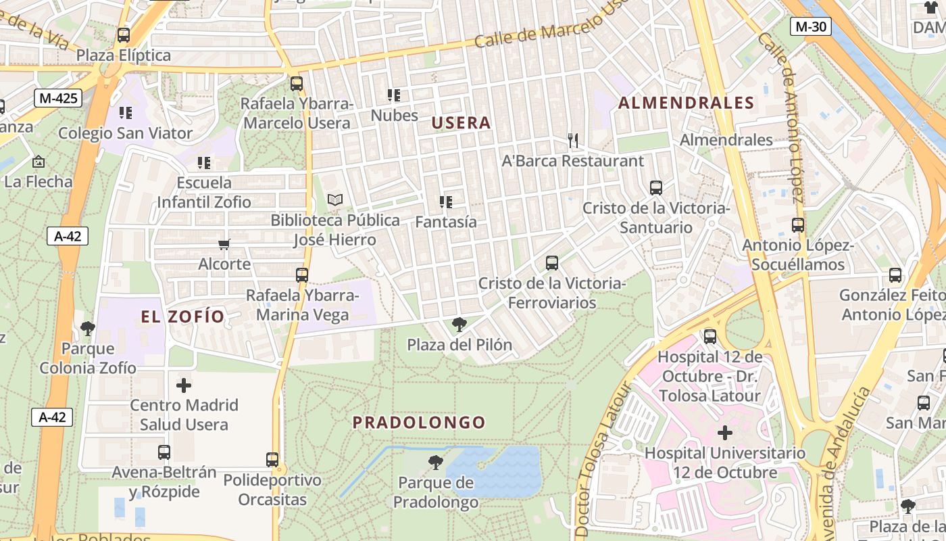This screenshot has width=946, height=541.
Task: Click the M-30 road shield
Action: point(810,26)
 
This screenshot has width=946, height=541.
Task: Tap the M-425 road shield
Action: point(59,98)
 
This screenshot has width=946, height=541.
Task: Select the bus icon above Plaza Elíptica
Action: point(123,35)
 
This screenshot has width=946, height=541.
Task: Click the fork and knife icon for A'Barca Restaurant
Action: point(573,141)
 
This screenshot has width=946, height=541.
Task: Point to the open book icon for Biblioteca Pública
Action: point(335,200)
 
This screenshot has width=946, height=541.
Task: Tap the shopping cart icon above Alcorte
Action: point(224,244)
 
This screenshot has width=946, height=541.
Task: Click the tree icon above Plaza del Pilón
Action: point(459,325)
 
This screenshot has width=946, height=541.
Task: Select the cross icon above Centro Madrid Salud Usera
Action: point(184,385)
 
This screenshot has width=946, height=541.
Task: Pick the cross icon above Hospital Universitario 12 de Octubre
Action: point(725,432)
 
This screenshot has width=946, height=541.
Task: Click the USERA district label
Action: point(461,123)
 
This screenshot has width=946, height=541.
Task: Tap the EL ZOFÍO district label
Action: point(182,316)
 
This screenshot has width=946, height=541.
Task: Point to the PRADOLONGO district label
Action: point(419,423)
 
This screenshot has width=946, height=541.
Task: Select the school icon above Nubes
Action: point(394,95)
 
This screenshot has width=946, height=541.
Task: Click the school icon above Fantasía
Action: point(445,202)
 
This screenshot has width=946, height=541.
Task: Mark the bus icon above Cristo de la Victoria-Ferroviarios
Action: point(552,263)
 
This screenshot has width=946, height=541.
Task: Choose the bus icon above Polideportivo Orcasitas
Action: point(272,460)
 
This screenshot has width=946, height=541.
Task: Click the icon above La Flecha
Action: point(39,162)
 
